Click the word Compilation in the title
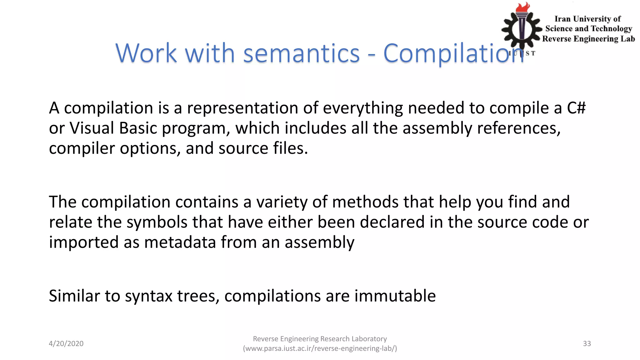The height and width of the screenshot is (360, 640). [x=453, y=53]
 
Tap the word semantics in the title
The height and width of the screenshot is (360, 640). [x=301, y=53]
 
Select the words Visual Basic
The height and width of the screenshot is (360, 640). [x=113, y=128]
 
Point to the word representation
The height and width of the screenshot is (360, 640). [x=242, y=108]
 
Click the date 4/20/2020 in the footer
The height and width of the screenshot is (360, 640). [x=66, y=343]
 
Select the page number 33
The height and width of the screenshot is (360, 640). [x=587, y=343]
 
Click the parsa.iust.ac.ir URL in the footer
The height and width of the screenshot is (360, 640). [x=320, y=348]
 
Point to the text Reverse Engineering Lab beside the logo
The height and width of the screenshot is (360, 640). [x=588, y=39]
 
